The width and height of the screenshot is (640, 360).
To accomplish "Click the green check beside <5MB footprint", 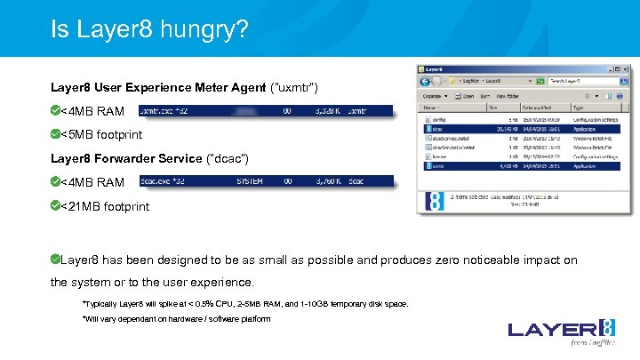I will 55,135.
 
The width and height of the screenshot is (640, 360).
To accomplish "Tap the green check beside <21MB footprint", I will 55,206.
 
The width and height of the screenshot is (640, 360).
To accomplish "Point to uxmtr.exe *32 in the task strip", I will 163,111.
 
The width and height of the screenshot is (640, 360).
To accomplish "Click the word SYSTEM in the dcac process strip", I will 249,182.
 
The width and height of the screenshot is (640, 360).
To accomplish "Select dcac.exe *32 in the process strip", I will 162,182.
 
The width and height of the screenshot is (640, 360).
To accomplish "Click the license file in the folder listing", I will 440,156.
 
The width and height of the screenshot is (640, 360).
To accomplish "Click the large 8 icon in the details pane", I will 435,202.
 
